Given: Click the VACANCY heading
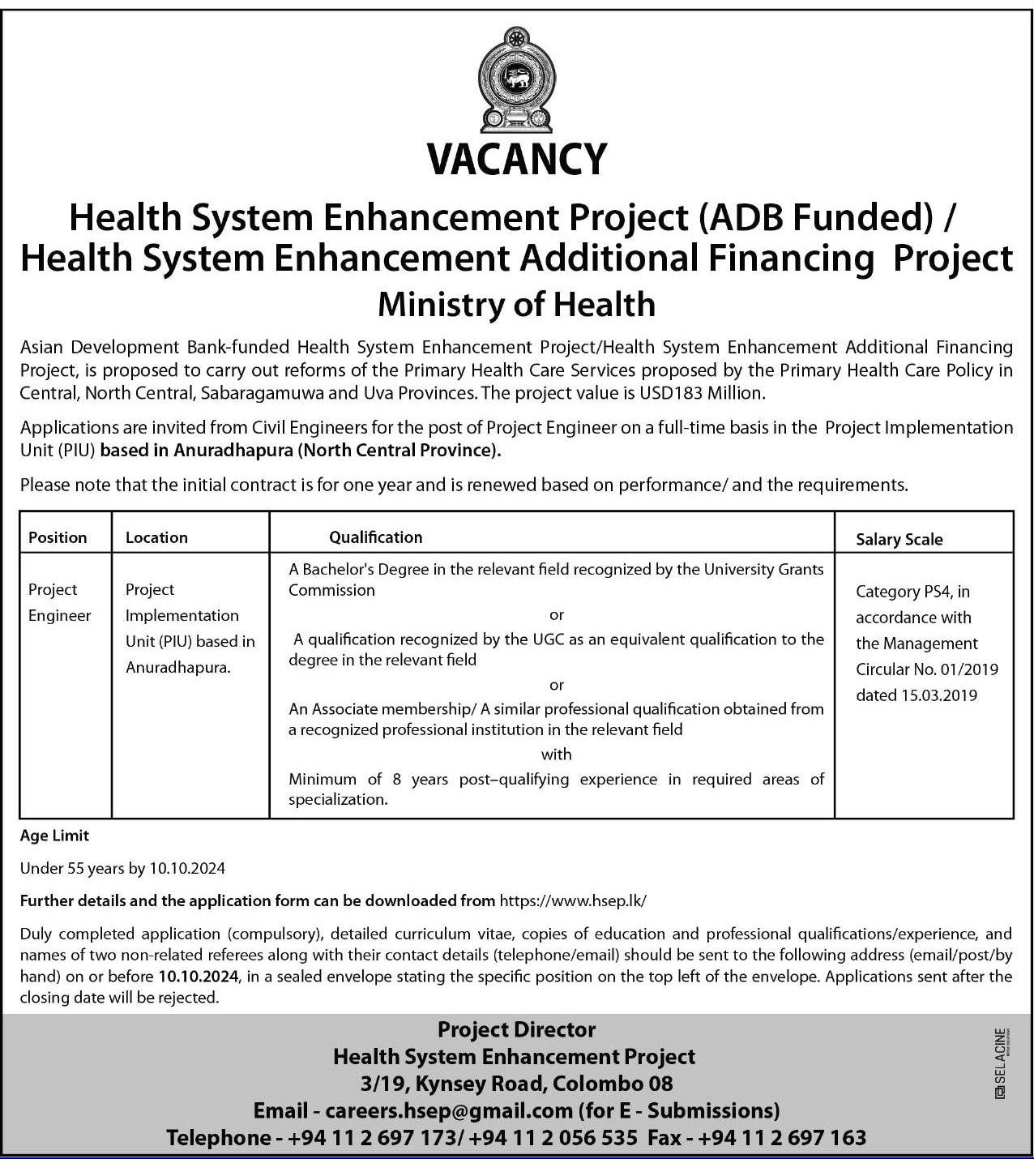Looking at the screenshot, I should pos(517,160).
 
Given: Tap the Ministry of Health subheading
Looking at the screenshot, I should pos(516,305).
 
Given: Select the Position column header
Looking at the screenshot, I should pos(58,537).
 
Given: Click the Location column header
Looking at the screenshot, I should pos(156,537).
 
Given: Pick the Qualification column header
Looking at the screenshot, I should pos(375,537).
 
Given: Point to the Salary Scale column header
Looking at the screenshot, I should pos(899,540).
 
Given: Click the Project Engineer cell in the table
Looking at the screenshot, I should pos(59,602).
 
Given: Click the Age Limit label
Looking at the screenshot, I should pos(54,836).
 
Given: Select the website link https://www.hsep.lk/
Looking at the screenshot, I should pos(574,900).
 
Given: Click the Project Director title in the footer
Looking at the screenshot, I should pos(516,1029).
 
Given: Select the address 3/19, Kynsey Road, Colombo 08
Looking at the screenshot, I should pos(516,1083).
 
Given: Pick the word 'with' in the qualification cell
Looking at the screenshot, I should pos(556,755).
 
